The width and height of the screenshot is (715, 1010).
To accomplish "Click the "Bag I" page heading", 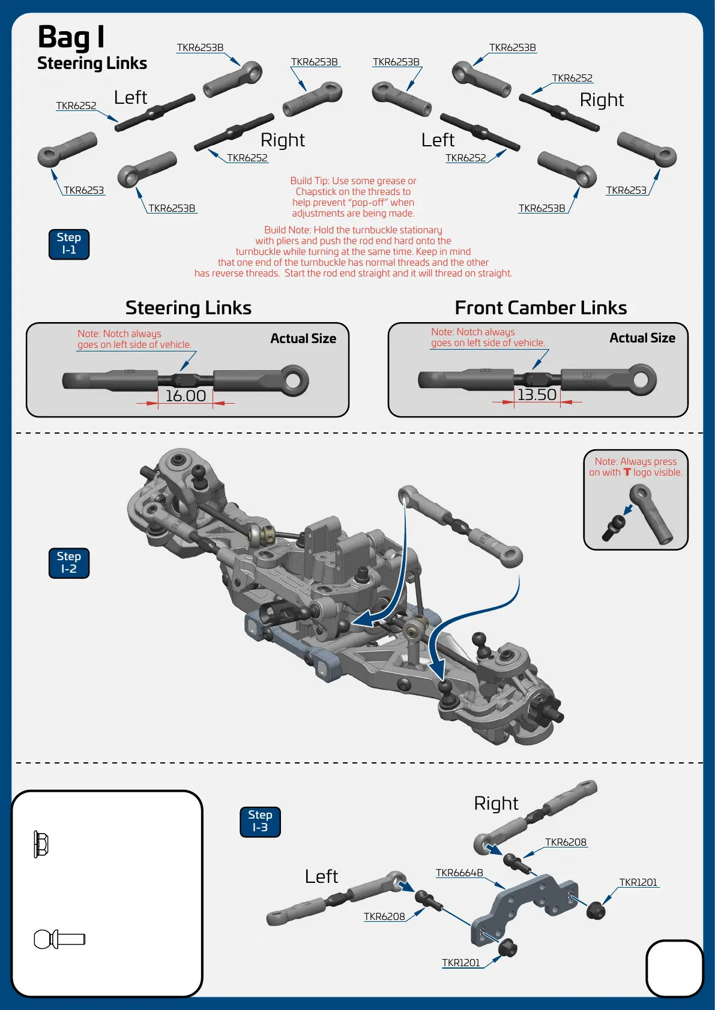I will (x=71, y=37).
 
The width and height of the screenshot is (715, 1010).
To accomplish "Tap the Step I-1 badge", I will (x=69, y=244).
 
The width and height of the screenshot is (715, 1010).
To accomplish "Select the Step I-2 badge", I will (x=69, y=563).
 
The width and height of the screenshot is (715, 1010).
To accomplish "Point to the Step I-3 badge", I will (x=260, y=822).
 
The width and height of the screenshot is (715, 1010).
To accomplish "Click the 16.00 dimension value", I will (x=186, y=396).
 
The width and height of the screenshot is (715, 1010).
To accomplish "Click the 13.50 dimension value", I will (x=537, y=395).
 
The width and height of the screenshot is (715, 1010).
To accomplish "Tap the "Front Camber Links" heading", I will (x=540, y=308).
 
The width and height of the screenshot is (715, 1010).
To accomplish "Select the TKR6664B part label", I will (x=459, y=873).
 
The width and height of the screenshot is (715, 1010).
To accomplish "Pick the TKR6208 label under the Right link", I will (x=566, y=842).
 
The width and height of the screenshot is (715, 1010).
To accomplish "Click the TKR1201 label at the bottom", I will (x=461, y=963).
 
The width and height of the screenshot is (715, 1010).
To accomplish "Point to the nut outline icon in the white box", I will (x=41, y=844).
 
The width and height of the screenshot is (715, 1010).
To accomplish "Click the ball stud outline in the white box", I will (x=59, y=939).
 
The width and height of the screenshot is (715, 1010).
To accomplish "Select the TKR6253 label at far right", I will (x=626, y=190).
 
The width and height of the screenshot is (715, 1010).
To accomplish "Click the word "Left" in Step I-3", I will (x=321, y=876).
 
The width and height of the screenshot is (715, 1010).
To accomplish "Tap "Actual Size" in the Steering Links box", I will (x=303, y=338).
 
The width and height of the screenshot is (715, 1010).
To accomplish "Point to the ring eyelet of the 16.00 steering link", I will (x=295, y=380).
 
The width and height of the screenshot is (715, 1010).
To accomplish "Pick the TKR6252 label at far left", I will (x=76, y=106).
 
